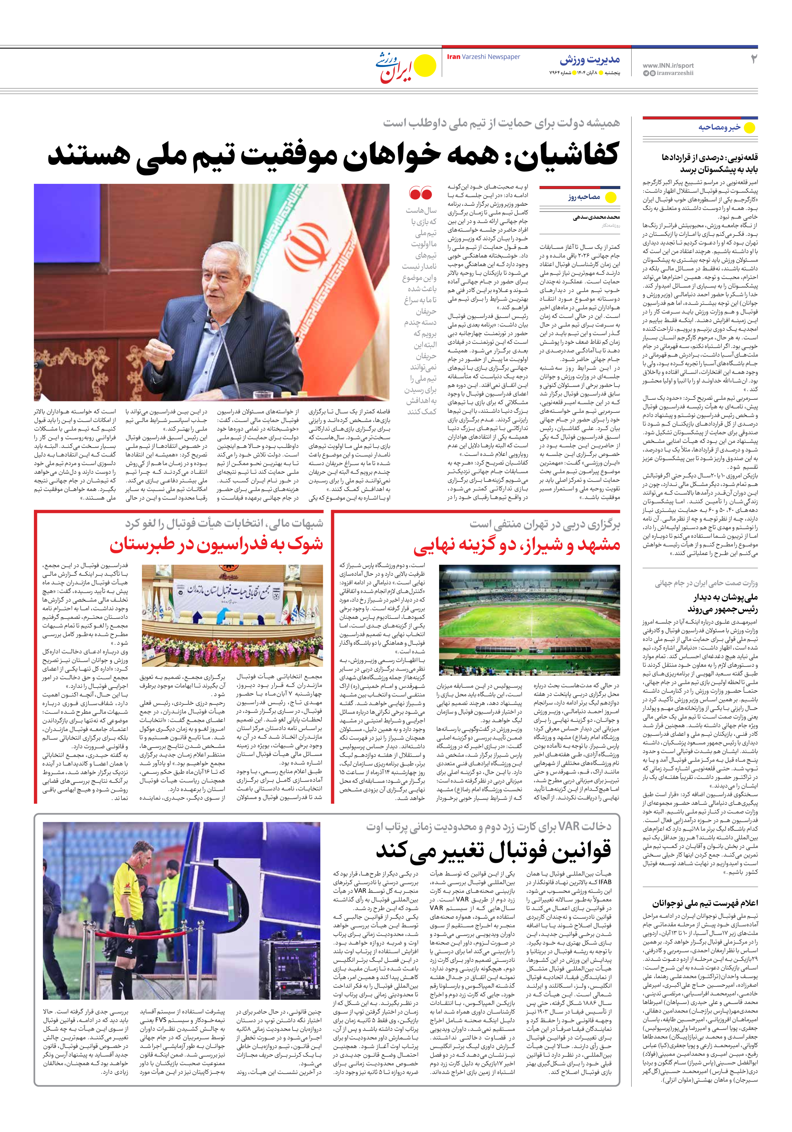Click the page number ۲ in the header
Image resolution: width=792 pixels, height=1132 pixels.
point(753,59)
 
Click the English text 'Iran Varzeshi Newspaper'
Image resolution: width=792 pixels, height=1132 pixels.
point(483,57)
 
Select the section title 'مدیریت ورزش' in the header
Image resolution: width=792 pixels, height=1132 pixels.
point(590,60)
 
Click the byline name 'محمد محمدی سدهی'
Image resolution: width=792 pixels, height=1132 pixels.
point(596,217)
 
